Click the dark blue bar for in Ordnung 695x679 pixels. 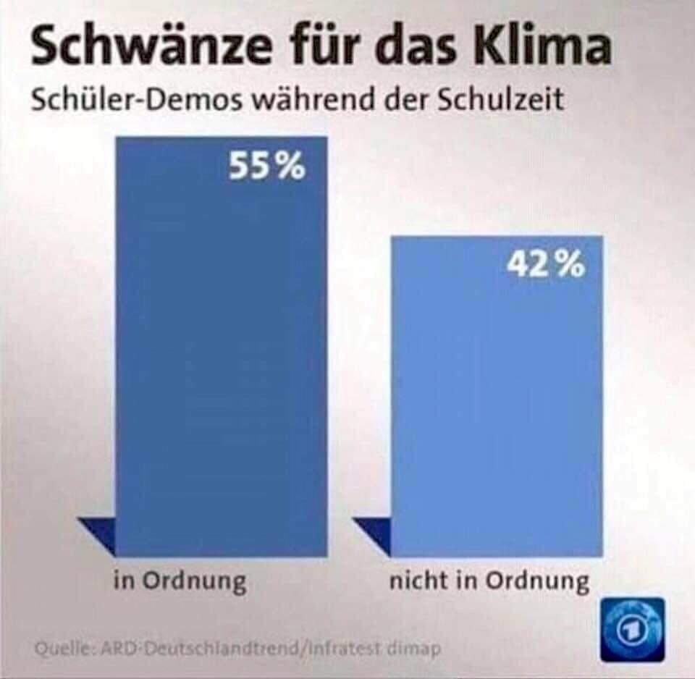tap(221, 362)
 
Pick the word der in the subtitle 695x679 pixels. tap(408, 99)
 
